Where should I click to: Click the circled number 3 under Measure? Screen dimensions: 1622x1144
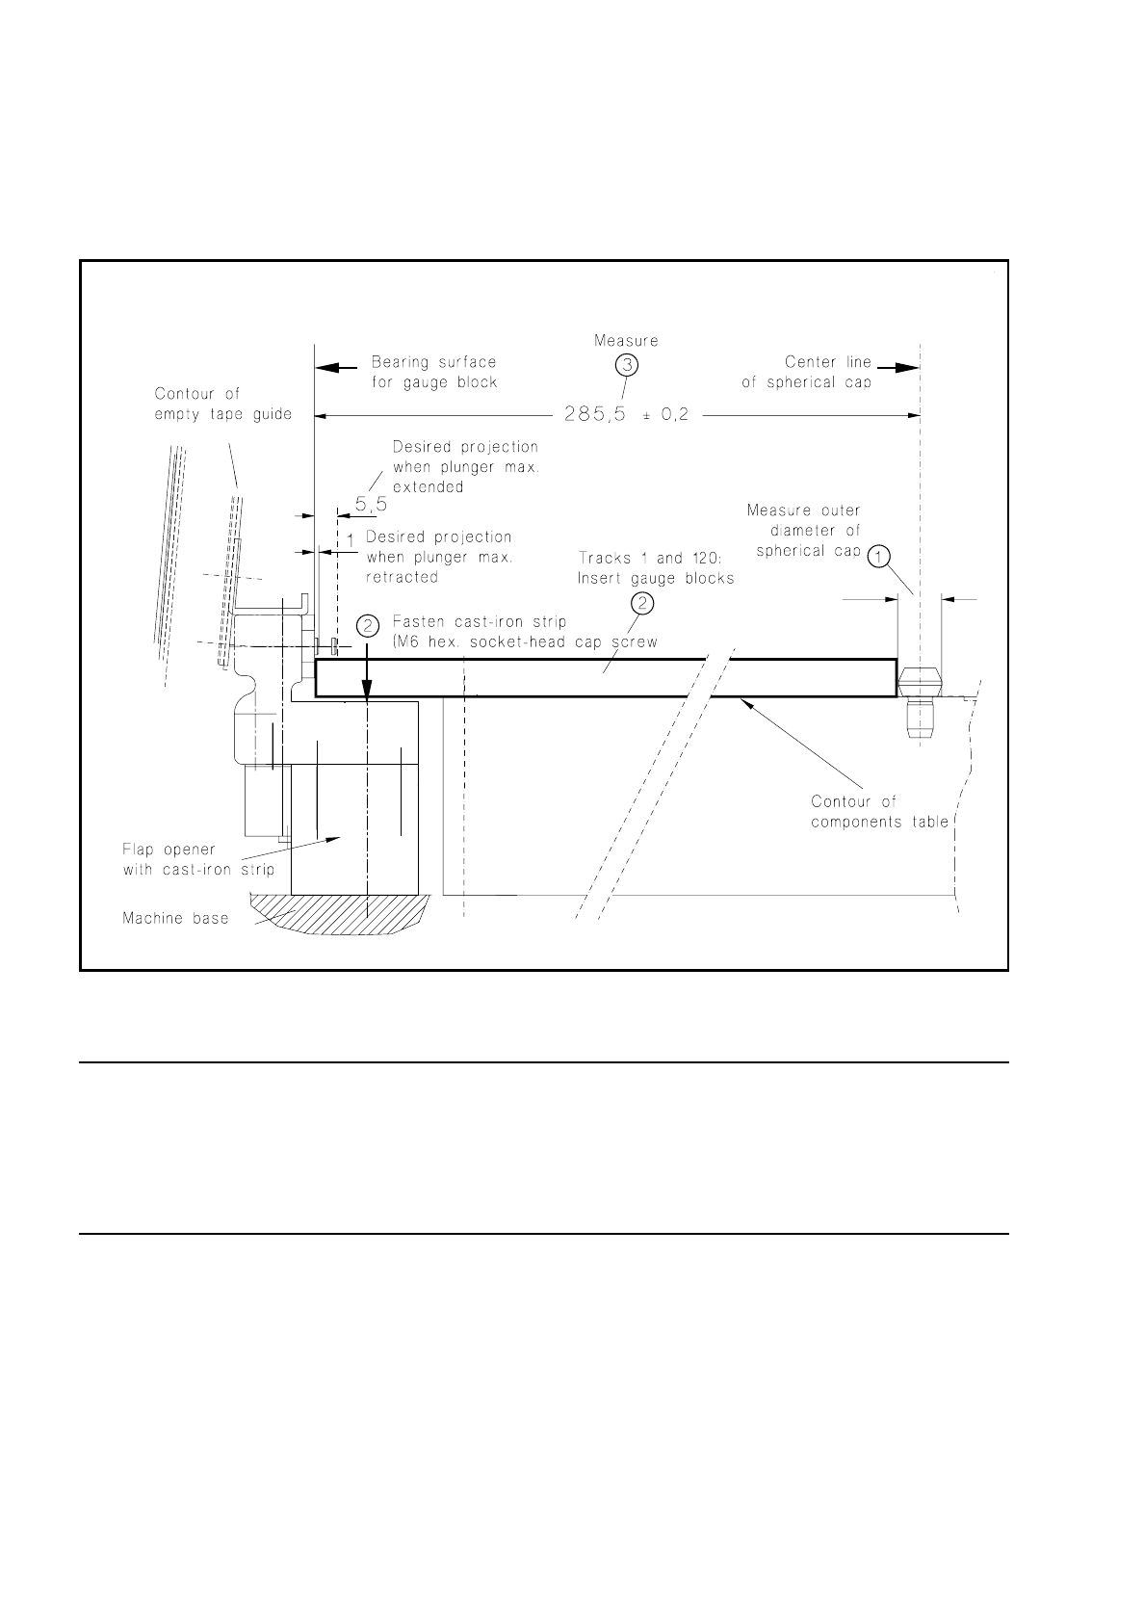628,364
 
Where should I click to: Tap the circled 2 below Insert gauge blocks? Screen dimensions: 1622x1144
643,603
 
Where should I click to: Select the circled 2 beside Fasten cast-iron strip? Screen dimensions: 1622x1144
368,625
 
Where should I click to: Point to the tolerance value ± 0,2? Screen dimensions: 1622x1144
669,415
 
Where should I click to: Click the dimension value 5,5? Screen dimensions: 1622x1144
371,503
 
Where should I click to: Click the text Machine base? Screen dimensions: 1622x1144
175,918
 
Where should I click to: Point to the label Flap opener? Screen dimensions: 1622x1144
169,850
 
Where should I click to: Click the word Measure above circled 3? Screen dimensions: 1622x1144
626,341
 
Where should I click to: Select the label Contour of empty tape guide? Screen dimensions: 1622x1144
223,404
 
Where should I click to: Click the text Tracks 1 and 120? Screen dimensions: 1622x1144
644,558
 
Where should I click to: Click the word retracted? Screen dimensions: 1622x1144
402,577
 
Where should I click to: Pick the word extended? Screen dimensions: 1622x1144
428,487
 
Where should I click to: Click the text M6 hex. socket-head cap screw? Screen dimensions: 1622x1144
524,642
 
